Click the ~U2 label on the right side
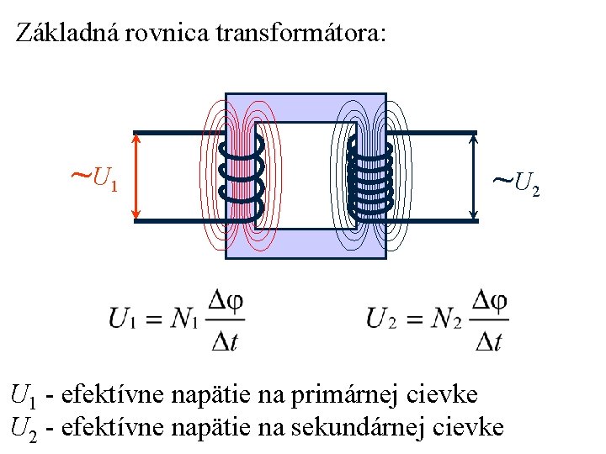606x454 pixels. click(514, 180)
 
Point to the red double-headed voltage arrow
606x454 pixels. click(137, 177)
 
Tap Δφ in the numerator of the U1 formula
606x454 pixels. click(225, 301)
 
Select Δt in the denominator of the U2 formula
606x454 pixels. click(488, 340)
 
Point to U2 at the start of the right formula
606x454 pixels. click(381, 319)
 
